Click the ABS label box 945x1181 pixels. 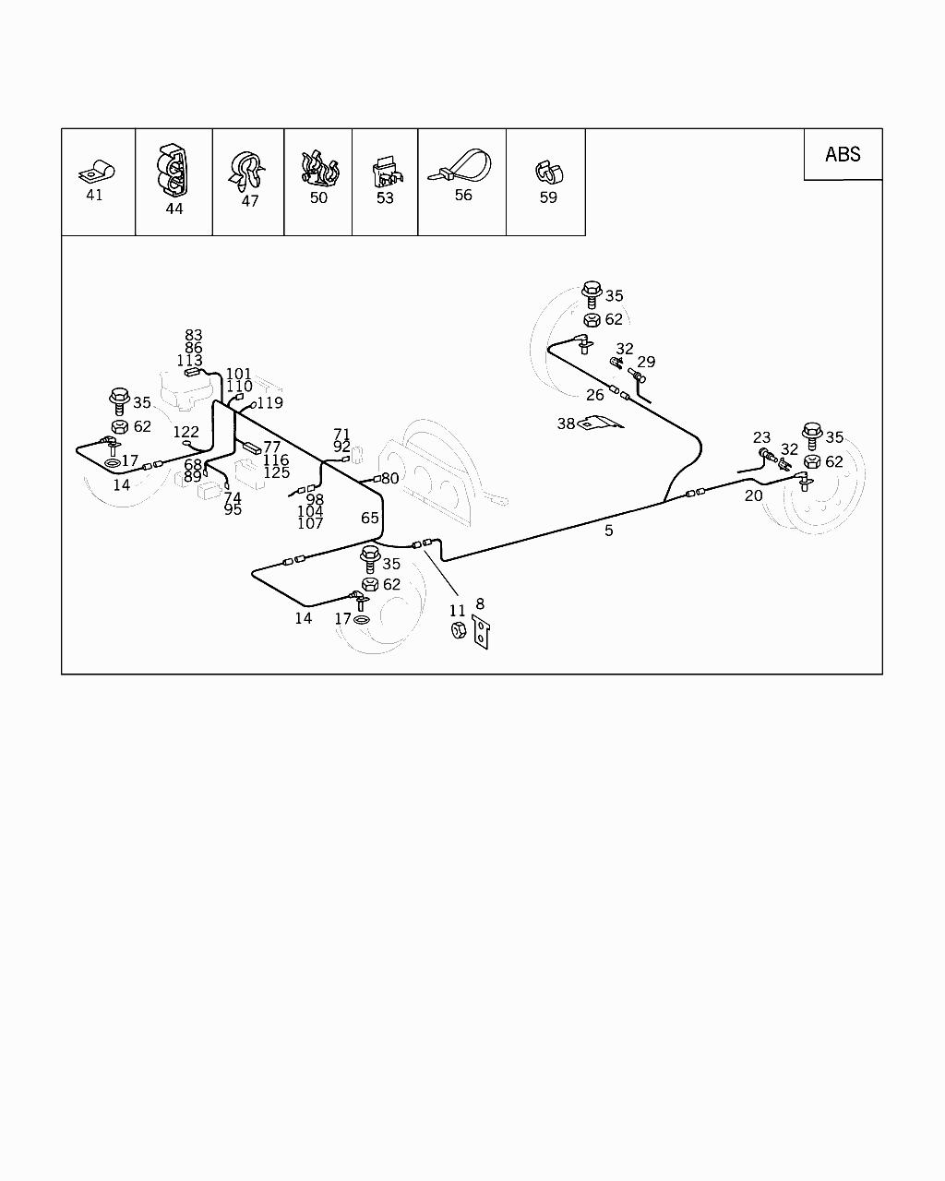(x=843, y=154)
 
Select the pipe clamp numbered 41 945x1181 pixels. (x=96, y=171)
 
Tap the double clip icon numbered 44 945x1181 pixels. (x=173, y=171)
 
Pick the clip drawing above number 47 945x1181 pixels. (x=246, y=168)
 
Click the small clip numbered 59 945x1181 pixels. (x=548, y=173)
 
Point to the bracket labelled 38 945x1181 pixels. (x=600, y=423)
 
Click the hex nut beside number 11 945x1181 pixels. (x=458, y=630)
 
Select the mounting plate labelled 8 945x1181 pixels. (x=481, y=632)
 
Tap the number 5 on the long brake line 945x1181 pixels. (x=609, y=531)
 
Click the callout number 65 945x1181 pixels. (x=370, y=519)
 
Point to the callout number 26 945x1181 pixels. (x=595, y=395)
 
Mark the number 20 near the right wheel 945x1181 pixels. (x=754, y=495)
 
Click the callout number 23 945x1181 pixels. (x=761, y=438)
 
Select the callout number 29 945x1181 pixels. (x=646, y=363)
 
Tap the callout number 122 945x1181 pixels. (x=185, y=432)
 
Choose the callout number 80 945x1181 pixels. (x=390, y=479)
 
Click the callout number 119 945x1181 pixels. (x=270, y=402)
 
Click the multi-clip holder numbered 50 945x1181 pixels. (x=318, y=169)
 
